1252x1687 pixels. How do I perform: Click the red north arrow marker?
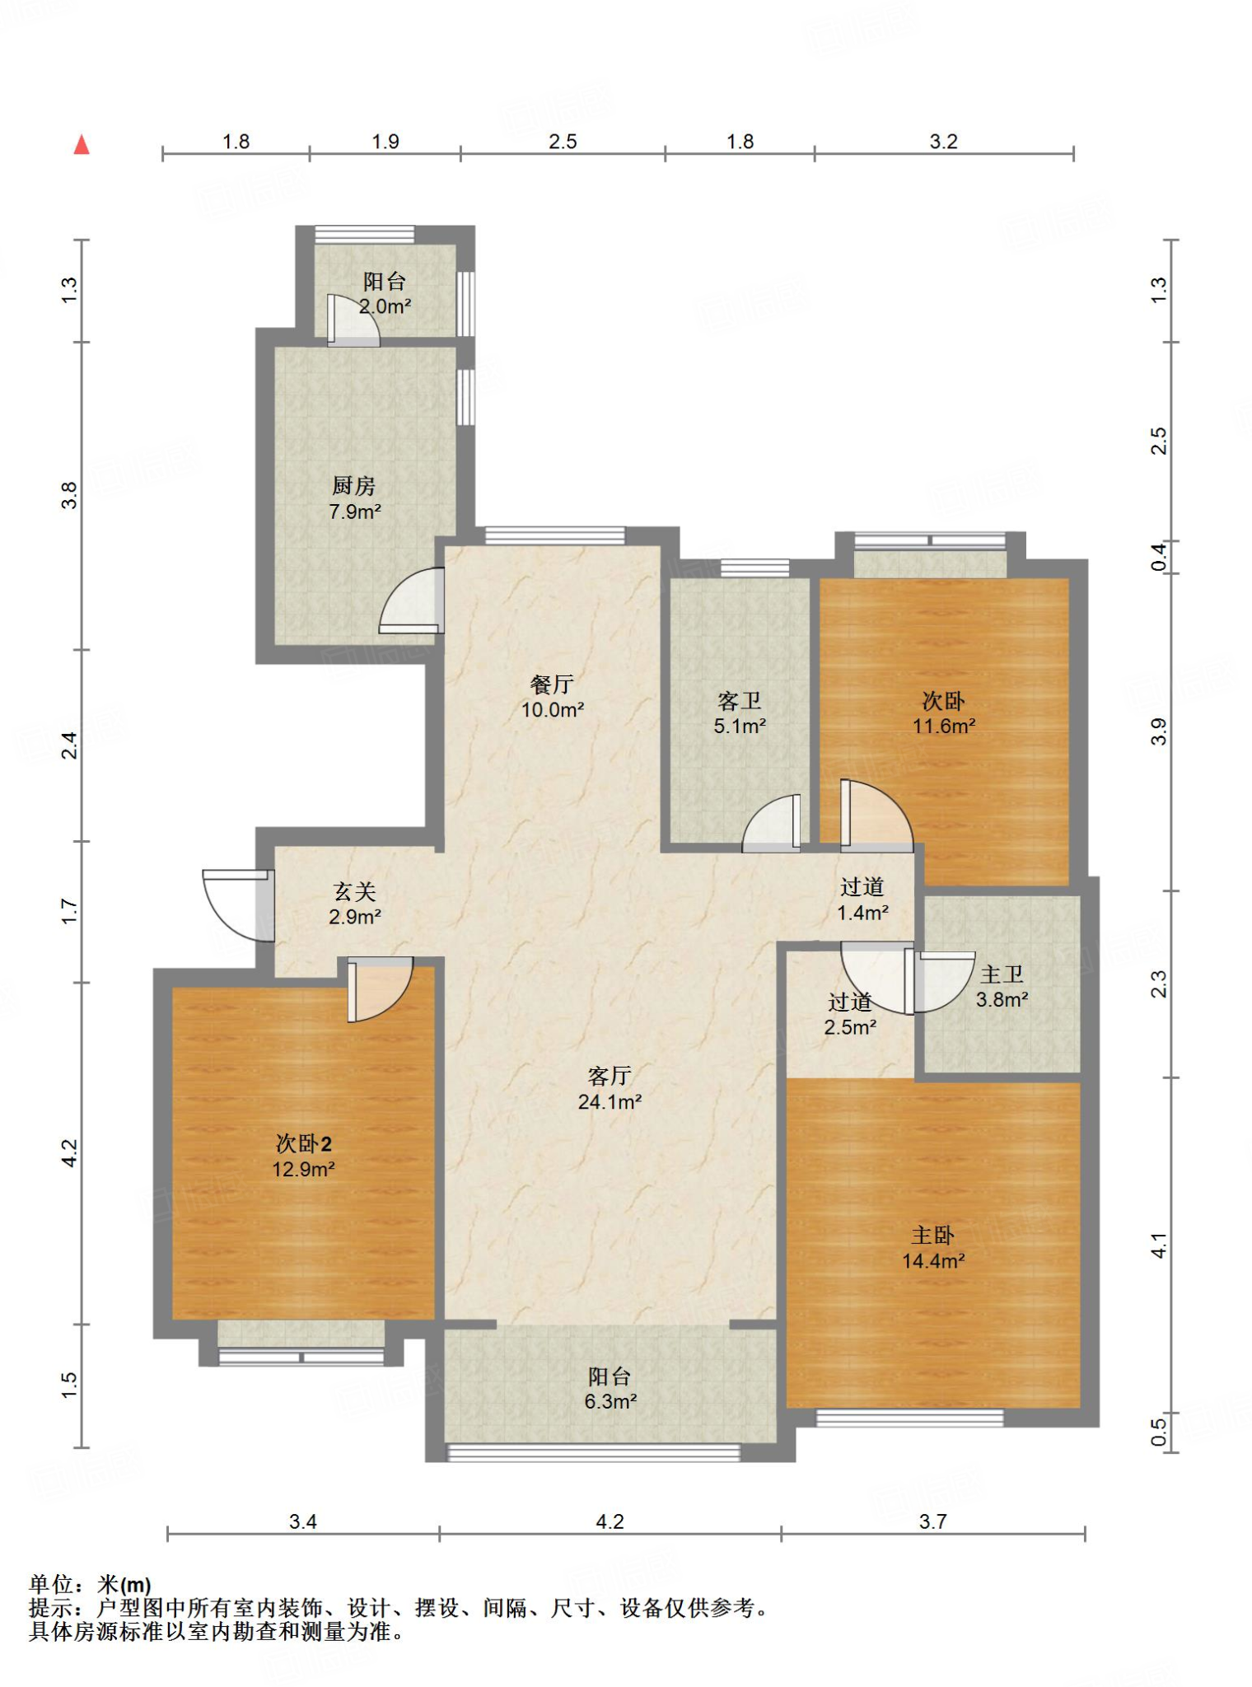pos(82,145)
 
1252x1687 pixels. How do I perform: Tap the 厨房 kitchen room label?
pos(354,486)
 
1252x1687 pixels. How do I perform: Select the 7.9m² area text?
pos(355,512)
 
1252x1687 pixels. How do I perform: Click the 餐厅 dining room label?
pos(552,685)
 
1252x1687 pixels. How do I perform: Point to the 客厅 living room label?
pos(610,1076)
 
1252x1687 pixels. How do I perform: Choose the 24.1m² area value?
pos(610,1101)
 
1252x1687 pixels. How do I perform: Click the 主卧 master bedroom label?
pos(932,1235)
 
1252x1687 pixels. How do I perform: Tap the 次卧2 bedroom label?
pos(303,1143)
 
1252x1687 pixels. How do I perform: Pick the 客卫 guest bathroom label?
pos(739,701)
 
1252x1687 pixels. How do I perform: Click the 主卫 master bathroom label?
pos(1002,974)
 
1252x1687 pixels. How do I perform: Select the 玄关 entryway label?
pos(354,891)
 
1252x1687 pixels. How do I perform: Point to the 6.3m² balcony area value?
pos(610,1401)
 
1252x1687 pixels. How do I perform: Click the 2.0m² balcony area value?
pos(385,306)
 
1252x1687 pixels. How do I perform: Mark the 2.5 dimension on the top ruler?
pos(563,142)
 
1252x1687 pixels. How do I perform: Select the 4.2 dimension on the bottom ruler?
pos(610,1521)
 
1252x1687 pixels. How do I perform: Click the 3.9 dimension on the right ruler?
pos(1159,731)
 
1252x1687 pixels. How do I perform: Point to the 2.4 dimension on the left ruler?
pos(70,745)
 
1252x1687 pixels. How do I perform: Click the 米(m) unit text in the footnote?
pos(124,1584)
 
